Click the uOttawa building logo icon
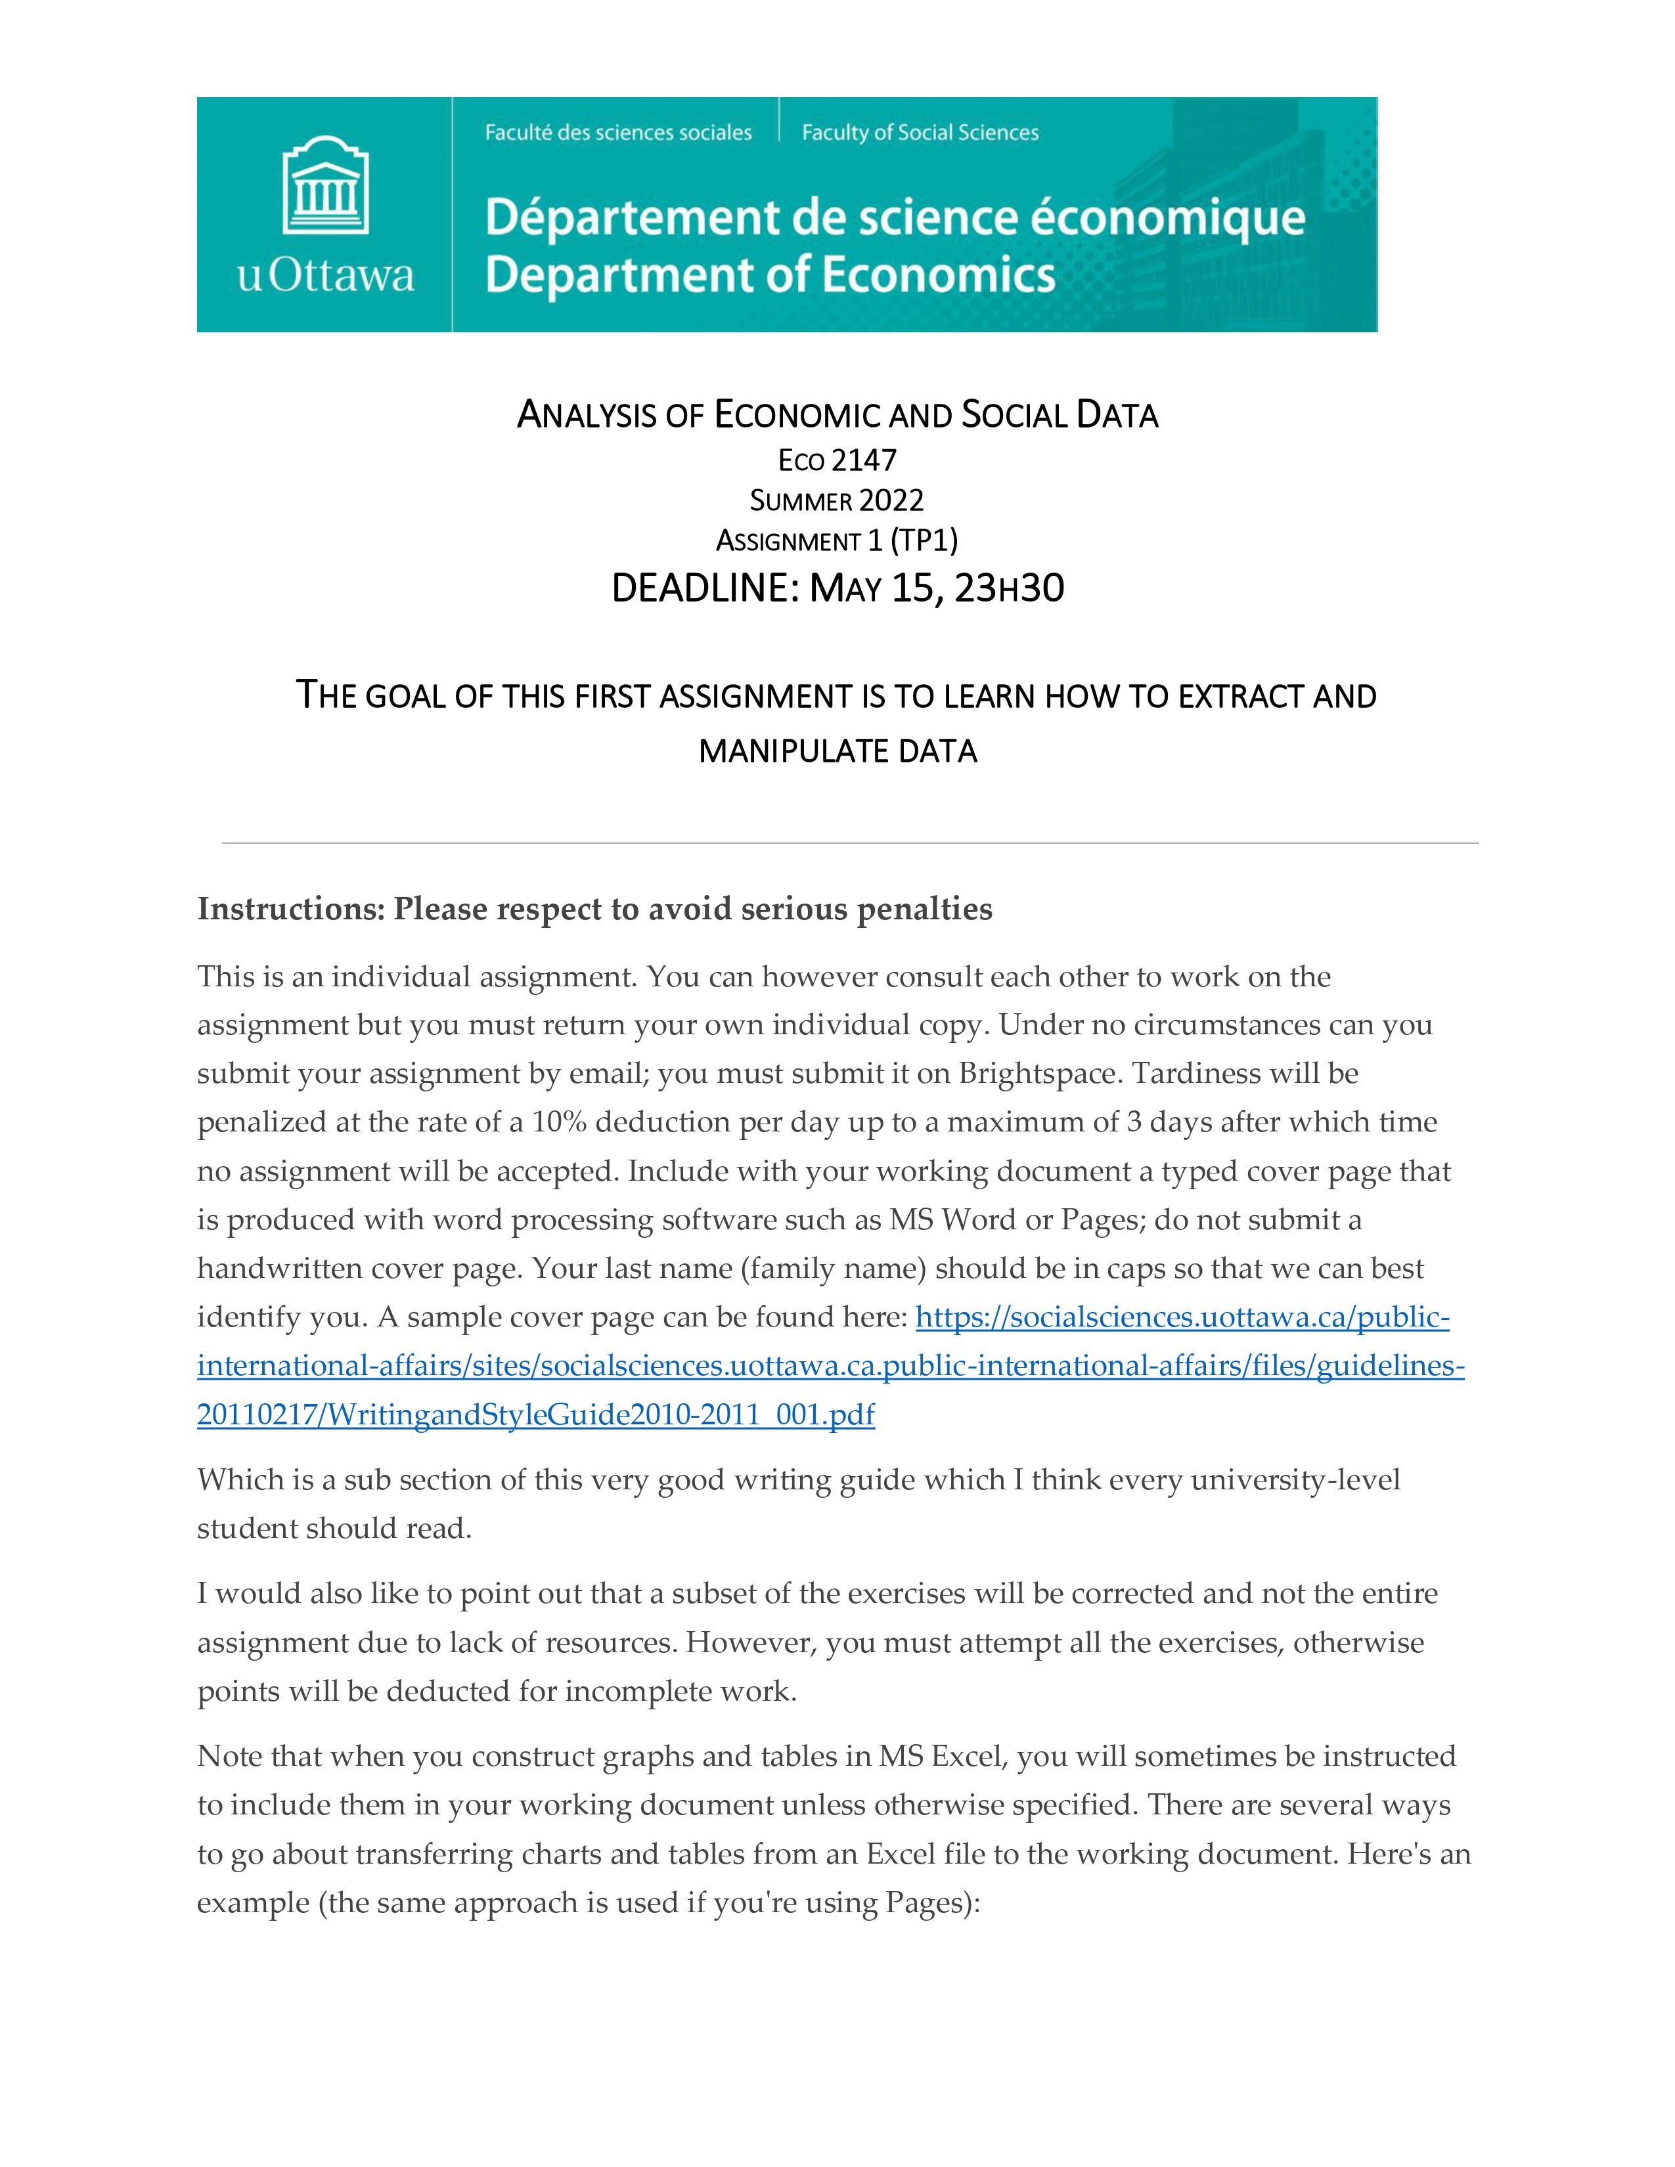coord(325,186)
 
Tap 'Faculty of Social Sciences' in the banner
coord(920,133)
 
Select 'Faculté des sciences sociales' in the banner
coord(618,133)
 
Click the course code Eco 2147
coord(837,460)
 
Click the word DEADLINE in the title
coord(705,588)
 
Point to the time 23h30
coord(1008,588)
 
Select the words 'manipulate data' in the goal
coord(837,751)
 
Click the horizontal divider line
coord(849,843)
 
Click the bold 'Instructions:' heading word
coord(290,909)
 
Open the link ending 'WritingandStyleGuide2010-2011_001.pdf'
coord(536,1414)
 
